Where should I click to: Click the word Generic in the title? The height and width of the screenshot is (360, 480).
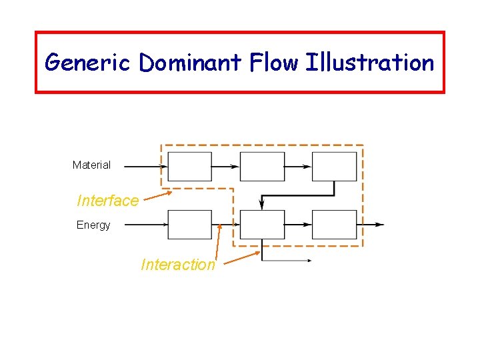coord(88,63)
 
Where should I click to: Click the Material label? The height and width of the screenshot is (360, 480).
coord(91,165)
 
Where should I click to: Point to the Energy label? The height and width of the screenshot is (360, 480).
coord(93,225)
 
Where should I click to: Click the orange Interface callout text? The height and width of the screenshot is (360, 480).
coord(108,200)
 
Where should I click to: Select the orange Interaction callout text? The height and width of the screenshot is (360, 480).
coord(178,265)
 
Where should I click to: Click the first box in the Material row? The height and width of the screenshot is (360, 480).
coord(189,167)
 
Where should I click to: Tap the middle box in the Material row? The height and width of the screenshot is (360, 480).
coord(262,167)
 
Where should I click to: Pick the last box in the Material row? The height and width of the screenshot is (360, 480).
coord(335,167)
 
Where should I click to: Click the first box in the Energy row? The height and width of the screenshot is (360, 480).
coord(189,225)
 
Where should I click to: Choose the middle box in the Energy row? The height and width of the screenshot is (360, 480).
coord(262,225)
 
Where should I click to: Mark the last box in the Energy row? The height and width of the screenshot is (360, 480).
coord(335,225)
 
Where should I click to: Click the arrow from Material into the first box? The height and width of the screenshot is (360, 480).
coord(145,166)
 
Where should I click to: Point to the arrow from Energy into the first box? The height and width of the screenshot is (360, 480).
coord(145,225)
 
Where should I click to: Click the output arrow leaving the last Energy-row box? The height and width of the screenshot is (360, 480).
coord(371,225)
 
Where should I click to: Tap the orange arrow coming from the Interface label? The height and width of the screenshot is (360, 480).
coord(158,196)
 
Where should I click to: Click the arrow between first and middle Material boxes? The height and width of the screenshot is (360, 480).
coord(226,166)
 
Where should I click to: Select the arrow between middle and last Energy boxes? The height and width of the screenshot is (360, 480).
coord(298,225)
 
